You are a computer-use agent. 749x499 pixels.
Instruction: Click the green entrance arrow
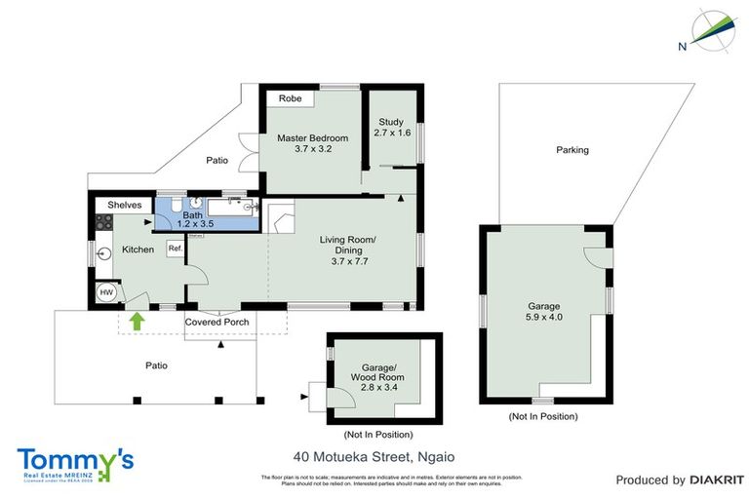point(138,319)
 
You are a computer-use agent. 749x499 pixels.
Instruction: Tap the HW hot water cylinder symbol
point(104,290)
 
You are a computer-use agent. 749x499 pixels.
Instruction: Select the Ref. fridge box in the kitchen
point(176,249)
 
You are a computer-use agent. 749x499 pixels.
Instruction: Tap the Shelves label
point(125,205)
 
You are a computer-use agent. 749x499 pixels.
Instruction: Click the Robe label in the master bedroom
point(290,99)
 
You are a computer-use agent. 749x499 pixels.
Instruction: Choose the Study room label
point(390,122)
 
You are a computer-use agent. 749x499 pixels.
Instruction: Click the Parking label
point(572,150)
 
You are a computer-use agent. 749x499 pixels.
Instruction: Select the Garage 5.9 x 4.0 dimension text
point(544,318)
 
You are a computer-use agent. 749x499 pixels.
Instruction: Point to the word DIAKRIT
point(717,480)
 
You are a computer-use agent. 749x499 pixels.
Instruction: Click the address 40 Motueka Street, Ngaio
point(374,456)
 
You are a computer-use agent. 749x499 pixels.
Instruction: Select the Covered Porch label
point(217,322)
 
